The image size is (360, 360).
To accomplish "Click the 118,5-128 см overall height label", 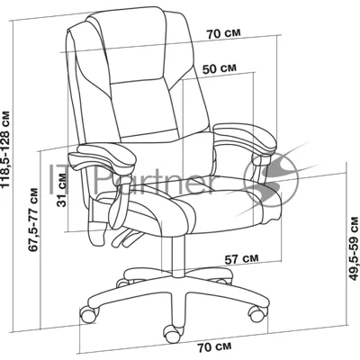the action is [6, 149].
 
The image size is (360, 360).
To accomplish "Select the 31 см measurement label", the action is [62, 190].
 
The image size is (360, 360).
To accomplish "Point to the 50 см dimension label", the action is [220, 68].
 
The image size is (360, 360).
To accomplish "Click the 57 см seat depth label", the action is [241, 258].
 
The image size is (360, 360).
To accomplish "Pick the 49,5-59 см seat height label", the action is [355, 247].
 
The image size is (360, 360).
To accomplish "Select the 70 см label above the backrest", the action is [223, 33].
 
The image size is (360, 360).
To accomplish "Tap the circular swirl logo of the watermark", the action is [272, 180].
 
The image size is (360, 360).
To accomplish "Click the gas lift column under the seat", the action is [177, 256].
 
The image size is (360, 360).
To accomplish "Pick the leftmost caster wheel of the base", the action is [89, 314].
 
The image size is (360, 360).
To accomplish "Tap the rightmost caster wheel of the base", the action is [257, 313].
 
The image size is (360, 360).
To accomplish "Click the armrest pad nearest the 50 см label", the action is [245, 137].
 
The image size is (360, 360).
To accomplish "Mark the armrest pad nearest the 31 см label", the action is [103, 157].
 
